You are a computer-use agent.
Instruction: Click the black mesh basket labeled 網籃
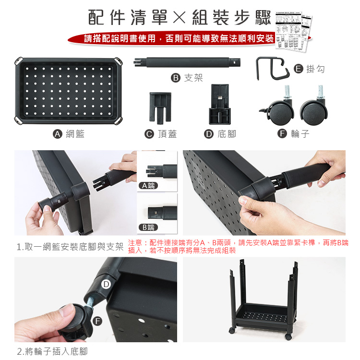[68, 91]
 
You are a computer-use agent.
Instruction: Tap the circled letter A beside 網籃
[57, 134]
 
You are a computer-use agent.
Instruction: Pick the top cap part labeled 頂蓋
[160, 107]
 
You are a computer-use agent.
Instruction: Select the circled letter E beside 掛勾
[298, 69]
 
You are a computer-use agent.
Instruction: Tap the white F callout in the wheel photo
[98, 321]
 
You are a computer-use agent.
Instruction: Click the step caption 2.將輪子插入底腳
[52, 351]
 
